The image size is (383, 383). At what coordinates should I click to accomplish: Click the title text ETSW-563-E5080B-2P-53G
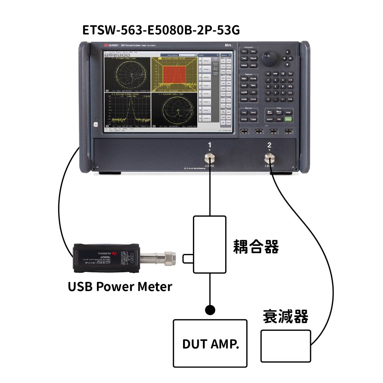click(x=161, y=30)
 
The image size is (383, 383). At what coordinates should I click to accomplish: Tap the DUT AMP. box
click(x=210, y=343)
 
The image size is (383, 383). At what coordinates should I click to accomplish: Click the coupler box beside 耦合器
click(x=210, y=244)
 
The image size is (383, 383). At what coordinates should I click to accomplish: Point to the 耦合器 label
click(x=256, y=247)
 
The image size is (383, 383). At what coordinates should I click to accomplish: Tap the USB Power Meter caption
click(x=120, y=286)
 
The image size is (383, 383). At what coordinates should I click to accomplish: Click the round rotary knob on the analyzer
click(x=269, y=58)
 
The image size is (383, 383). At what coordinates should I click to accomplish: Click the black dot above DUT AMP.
click(x=210, y=309)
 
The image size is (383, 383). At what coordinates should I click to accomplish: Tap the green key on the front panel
click(x=288, y=119)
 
